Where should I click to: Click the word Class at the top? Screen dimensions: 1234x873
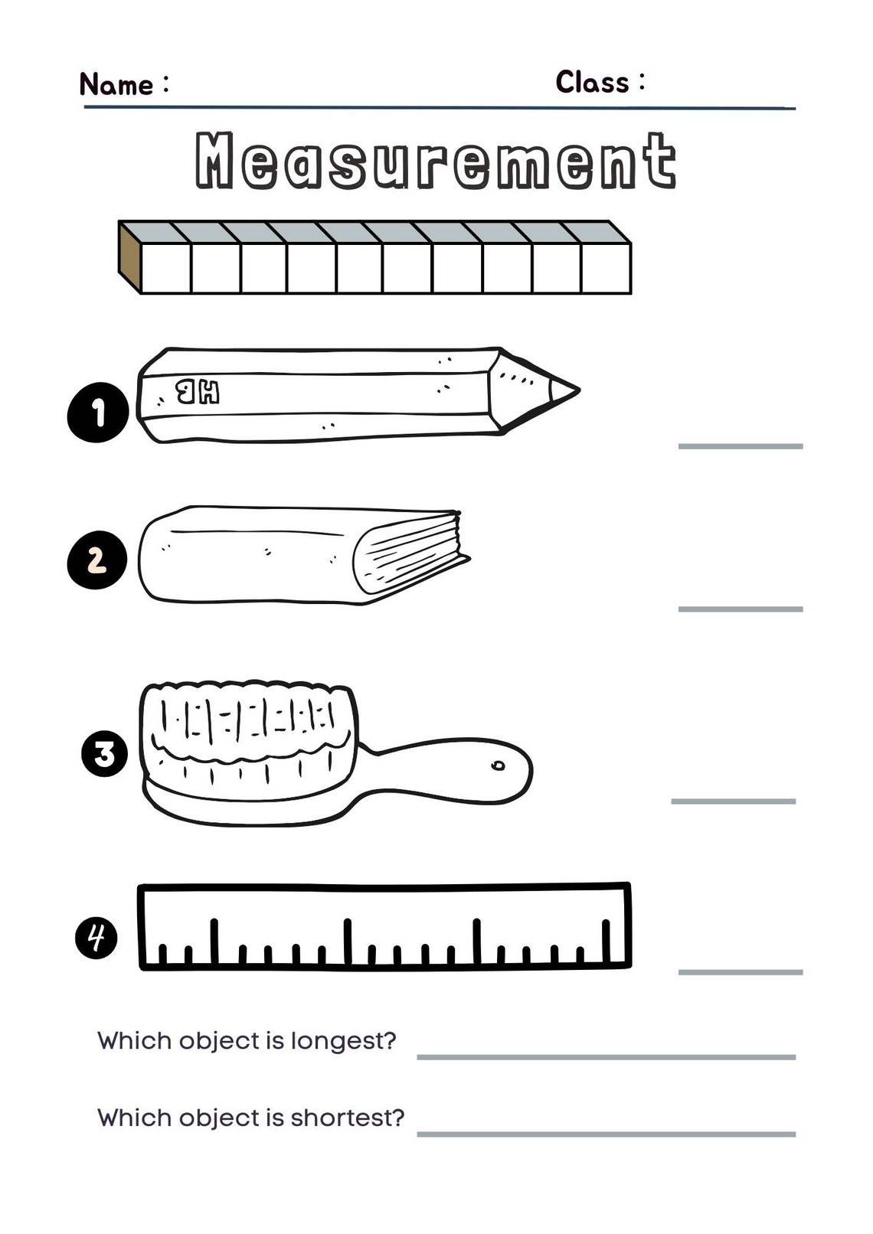click(x=592, y=82)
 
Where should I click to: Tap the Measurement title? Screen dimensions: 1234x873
click(x=436, y=161)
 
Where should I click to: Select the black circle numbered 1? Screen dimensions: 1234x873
click(x=98, y=413)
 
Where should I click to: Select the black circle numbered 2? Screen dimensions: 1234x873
click(x=97, y=560)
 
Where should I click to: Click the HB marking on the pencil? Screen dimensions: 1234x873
click(x=198, y=392)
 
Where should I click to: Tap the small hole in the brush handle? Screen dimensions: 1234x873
click(x=498, y=765)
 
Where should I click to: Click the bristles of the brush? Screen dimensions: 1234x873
click(x=249, y=723)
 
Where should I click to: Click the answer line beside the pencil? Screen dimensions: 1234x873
click(x=740, y=446)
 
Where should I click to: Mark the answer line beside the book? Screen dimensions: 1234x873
click(x=740, y=609)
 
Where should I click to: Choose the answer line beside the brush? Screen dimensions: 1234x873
click(x=733, y=801)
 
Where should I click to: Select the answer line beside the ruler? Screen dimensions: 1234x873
click(x=740, y=971)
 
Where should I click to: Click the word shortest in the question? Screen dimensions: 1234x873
click(x=346, y=1118)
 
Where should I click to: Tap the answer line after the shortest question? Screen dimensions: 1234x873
click(x=606, y=1134)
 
